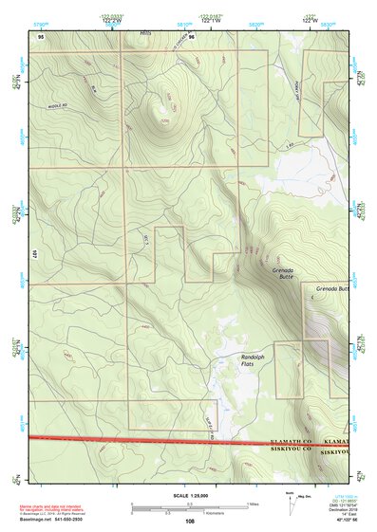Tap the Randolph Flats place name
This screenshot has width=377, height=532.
(253, 359)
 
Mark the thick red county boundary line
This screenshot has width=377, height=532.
(142, 440)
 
